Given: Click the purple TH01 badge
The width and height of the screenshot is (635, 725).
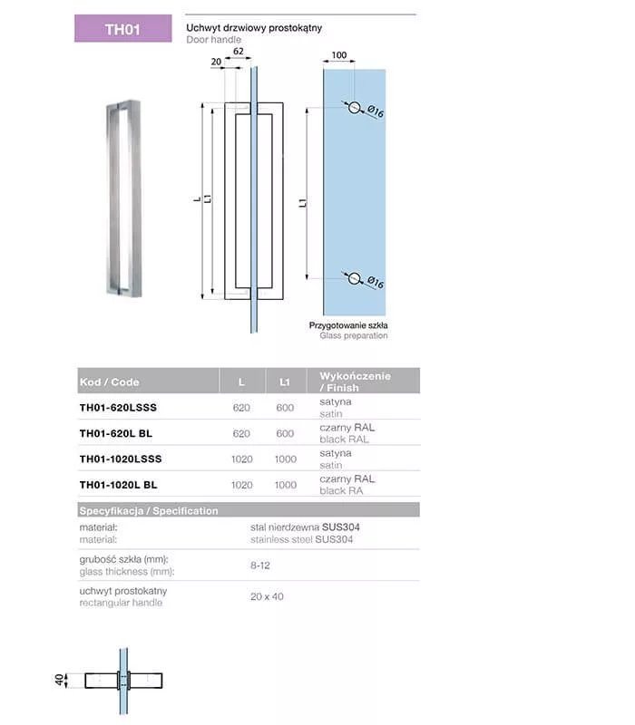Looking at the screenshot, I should pyautogui.click(x=122, y=28).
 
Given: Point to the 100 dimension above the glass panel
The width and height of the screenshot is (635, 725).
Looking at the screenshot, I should pyautogui.click(x=338, y=56).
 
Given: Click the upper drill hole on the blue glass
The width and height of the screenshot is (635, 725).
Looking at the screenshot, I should pyautogui.click(x=354, y=108).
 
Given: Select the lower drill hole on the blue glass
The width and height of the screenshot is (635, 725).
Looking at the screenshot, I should pyautogui.click(x=354, y=278).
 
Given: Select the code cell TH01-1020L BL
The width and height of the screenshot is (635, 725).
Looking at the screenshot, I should pyautogui.click(x=118, y=485).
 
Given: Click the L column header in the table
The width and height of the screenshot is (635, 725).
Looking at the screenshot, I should pyautogui.click(x=241, y=382).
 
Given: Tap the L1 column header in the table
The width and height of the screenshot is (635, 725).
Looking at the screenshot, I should pyautogui.click(x=285, y=382).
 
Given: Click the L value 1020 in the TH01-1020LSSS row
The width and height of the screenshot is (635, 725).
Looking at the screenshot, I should pyautogui.click(x=241, y=459).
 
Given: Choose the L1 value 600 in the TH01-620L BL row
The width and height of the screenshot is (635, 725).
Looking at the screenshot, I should pyautogui.click(x=285, y=433).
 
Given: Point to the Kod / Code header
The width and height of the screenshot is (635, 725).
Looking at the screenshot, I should pyautogui.click(x=110, y=382).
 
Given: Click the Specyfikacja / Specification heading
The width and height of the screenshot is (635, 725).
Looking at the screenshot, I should pyautogui.click(x=149, y=510).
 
